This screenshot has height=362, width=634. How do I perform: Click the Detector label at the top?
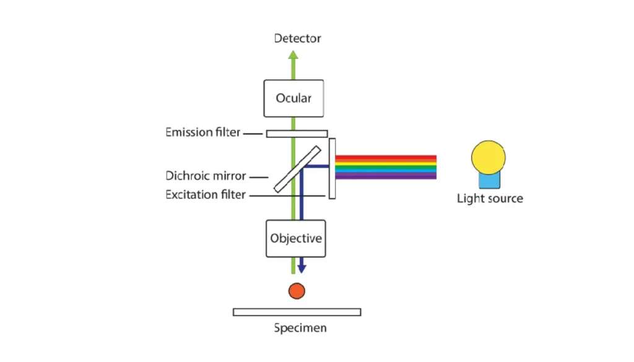point(298,38)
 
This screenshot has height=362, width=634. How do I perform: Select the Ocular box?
point(293,98)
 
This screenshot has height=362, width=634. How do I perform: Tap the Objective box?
point(296,238)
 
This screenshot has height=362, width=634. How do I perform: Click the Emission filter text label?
point(203,132)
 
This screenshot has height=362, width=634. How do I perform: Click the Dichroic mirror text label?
point(206,176)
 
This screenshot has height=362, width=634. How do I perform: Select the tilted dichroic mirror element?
point(297,168)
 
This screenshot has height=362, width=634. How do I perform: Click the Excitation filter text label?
point(206,195)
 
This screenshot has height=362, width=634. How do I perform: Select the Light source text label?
point(490,199)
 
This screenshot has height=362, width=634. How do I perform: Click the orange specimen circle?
point(297,290)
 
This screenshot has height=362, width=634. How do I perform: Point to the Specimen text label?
point(300,328)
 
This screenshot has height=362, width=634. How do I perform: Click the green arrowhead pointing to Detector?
point(293,54)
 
